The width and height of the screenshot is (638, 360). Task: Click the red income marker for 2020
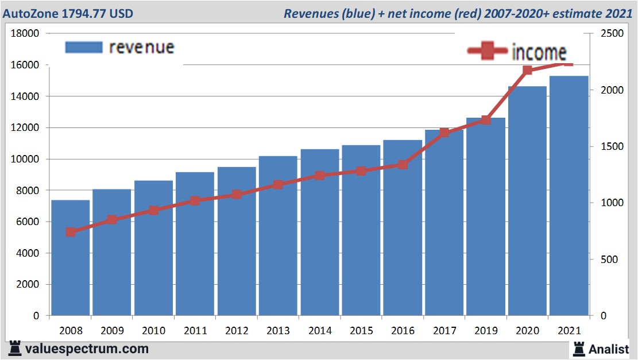tap(527, 71)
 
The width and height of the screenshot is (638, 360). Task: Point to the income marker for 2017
tap(444, 133)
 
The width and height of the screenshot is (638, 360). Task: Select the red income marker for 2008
tap(71, 232)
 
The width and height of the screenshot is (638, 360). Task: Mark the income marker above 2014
tap(320, 176)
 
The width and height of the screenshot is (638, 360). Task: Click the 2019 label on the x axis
tap(486, 331)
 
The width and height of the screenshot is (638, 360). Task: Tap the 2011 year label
tap(195, 331)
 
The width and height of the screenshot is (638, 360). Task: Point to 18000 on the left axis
tap(25, 33)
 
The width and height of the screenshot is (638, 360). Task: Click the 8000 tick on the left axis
tap(27, 190)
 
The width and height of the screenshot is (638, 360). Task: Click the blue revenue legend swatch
tap(83, 47)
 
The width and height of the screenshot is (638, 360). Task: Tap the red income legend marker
tap(488, 51)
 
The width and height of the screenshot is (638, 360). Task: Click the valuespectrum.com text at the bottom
tap(87, 349)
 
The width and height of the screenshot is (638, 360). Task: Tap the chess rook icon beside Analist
tap(578, 348)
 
